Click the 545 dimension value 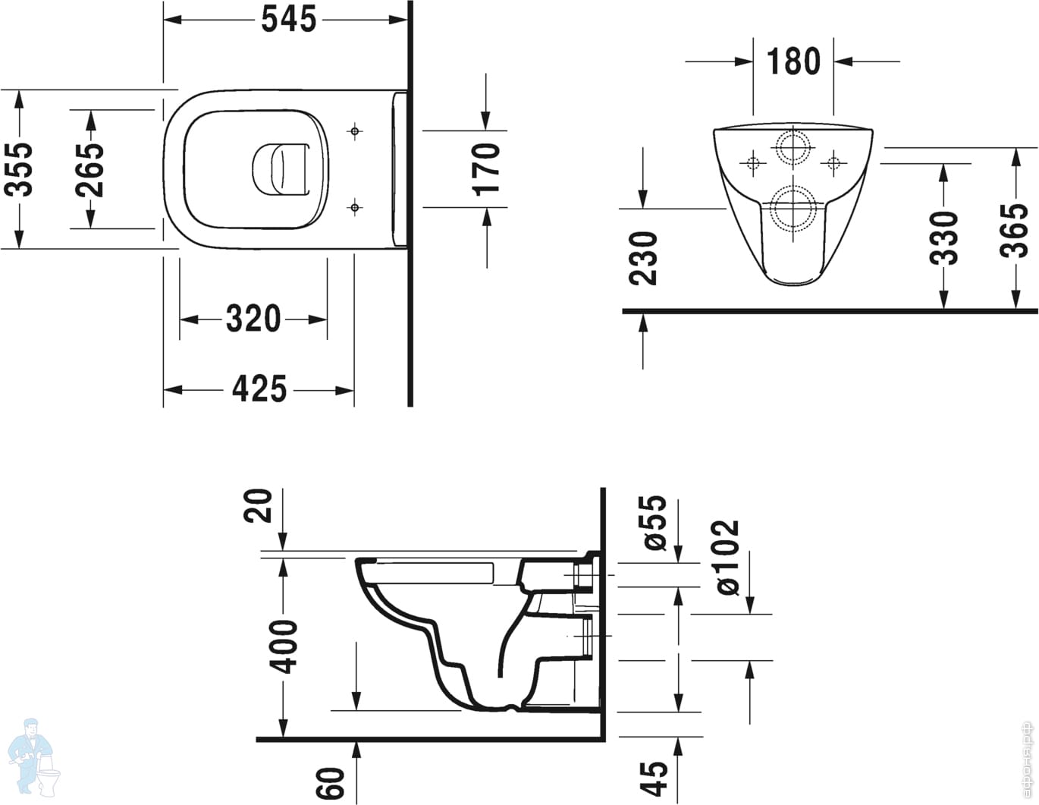pyautogui.click(x=288, y=20)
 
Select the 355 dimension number pyautogui.click(x=20, y=168)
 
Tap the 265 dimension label pyautogui.click(x=90, y=168)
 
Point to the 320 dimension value pyautogui.click(x=253, y=319)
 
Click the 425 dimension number pyautogui.click(x=259, y=390)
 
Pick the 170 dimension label pyautogui.click(x=486, y=168)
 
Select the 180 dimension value pyautogui.click(x=793, y=61)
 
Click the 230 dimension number pyautogui.click(x=644, y=258)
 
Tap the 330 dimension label pyautogui.click(x=944, y=237)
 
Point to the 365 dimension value pyautogui.click(x=1015, y=230)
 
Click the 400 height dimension pyautogui.click(x=285, y=646)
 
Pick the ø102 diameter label pyautogui.click(x=727, y=557)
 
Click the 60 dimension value pyautogui.click(x=331, y=783)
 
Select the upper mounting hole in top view pyautogui.click(x=354, y=131)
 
